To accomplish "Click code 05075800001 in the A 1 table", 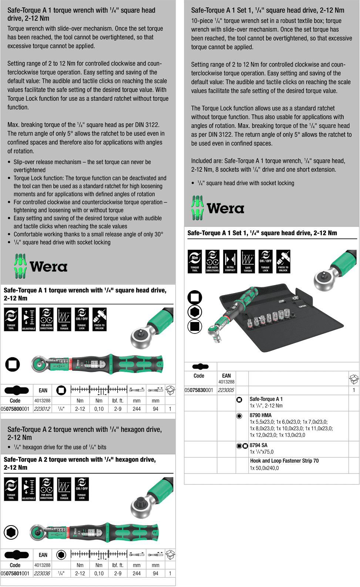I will (x=15, y=409).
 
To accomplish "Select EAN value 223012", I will (x=42, y=409).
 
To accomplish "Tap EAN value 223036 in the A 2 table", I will (x=42, y=573).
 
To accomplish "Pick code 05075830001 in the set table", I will (x=199, y=390).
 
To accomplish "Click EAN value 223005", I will (x=226, y=390).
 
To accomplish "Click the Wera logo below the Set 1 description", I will (x=218, y=208).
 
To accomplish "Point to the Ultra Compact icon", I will (x=230, y=261).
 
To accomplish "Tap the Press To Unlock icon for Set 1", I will (x=283, y=261).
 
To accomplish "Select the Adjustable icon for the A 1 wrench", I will (x=29, y=319).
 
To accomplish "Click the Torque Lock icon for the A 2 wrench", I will (x=82, y=489).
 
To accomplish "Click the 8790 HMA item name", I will (x=260, y=415).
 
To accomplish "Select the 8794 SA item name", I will (x=258, y=445).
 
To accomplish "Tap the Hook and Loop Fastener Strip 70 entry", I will (x=284, y=461).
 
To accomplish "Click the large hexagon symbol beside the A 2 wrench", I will (x=11, y=533).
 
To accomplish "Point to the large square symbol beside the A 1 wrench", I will (x=12, y=364).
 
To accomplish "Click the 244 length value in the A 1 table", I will (x=137, y=409).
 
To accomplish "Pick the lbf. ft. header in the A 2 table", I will (x=118, y=565).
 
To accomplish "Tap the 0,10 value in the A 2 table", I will (x=99, y=573).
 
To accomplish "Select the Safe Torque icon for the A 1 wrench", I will (x=64, y=319).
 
